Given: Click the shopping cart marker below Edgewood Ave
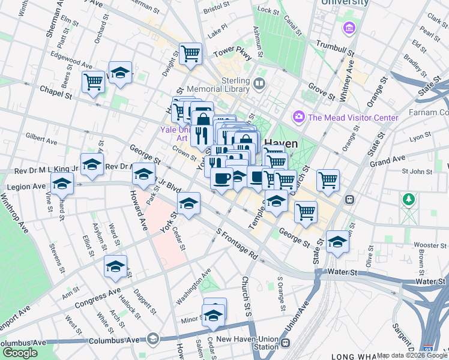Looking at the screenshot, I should pos(93,82).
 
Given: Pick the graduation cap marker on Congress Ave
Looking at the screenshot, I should pos(115,267).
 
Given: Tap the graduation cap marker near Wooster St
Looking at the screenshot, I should pos(337,242).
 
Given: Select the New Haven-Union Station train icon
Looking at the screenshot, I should pos(286,343).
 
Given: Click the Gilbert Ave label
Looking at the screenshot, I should pos(41,140).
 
